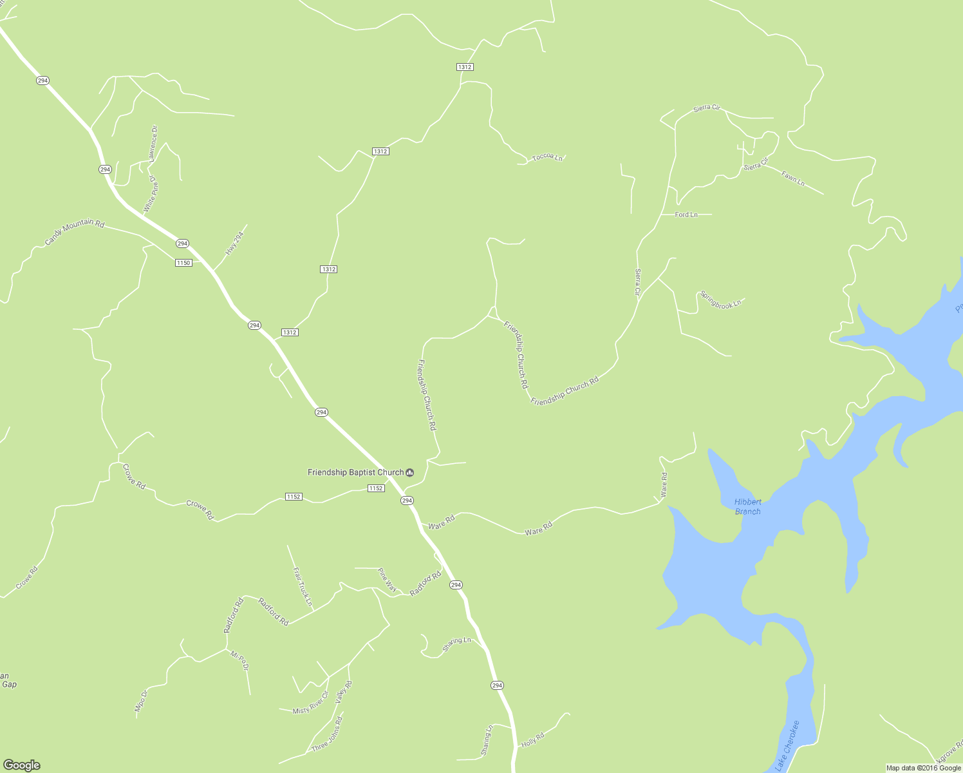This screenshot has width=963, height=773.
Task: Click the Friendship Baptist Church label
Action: [x=355, y=472]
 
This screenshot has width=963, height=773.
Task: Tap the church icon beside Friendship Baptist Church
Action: [x=410, y=473]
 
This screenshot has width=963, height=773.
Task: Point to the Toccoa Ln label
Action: [x=547, y=157]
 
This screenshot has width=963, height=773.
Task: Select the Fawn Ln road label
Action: [x=792, y=178]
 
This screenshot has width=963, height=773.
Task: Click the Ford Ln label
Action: [x=686, y=215]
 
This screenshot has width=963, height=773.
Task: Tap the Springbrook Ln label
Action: [x=720, y=300]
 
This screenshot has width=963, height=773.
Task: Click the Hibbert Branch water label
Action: [x=747, y=506]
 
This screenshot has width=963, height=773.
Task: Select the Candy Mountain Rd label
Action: [x=74, y=232]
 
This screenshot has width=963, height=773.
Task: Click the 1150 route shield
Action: [x=183, y=262]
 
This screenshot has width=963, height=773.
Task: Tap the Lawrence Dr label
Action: [x=153, y=143]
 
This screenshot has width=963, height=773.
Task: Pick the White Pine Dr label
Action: [x=151, y=194]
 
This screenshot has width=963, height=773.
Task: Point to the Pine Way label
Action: [x=387, y=580]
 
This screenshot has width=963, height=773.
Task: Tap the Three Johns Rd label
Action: [x=327, y=734]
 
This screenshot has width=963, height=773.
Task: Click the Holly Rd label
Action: [x=532, y=740]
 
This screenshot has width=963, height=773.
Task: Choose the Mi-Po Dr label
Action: [x=239, y=662]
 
